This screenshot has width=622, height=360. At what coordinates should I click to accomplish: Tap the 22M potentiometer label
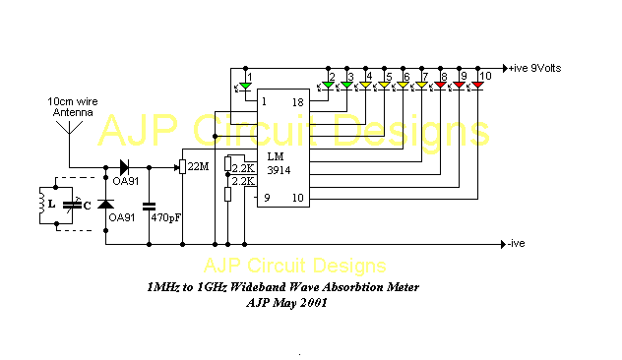(x=198, y=166)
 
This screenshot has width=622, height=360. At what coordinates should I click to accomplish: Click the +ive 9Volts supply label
(x=539, y=68)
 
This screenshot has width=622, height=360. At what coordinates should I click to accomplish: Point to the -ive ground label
(x=520, y=243)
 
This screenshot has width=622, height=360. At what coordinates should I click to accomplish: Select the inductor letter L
(x=51, y=204)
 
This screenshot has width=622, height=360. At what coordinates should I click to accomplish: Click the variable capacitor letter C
(x=90, y=205)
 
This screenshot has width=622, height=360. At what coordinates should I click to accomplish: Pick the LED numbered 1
(x=246, y=88)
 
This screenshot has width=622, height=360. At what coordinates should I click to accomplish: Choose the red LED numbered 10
(x=477, y=87)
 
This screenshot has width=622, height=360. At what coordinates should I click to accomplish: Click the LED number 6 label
(x=405, y=76)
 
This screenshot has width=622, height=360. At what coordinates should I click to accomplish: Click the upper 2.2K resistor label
(x=243, y=167)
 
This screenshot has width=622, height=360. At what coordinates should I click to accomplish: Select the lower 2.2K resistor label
(x=242, y=181)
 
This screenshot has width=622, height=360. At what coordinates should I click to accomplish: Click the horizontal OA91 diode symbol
(x=125, y=166)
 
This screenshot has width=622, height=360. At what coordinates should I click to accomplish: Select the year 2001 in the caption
(x=311, y=303)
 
